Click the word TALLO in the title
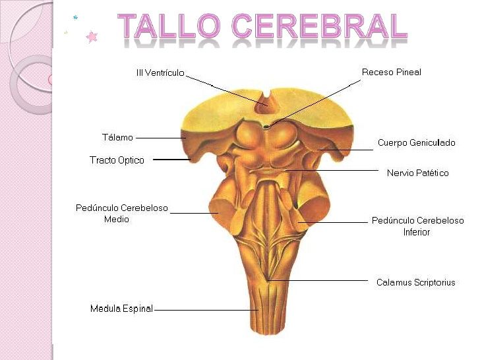(169, 26)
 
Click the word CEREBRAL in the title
(319, 26)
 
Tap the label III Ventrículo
(160, 73)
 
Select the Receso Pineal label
(392, 73)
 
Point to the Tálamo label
(117, 137)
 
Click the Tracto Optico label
(117, 160)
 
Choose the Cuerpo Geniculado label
(416, 142)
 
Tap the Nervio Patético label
(418, 173)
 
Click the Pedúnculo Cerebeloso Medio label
(122, 214)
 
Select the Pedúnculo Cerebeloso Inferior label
(417, 226)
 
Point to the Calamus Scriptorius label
(415, 282)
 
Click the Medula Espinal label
(121, 309)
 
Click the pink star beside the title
(92, 37)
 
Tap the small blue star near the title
(75, 17)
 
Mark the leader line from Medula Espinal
(206, 310)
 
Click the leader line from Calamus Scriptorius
(317, 280)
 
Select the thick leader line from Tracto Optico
(171, 160)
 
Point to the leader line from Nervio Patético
(332, 170)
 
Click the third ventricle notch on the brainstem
(265, 103)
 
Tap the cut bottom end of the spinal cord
(269, 332)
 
